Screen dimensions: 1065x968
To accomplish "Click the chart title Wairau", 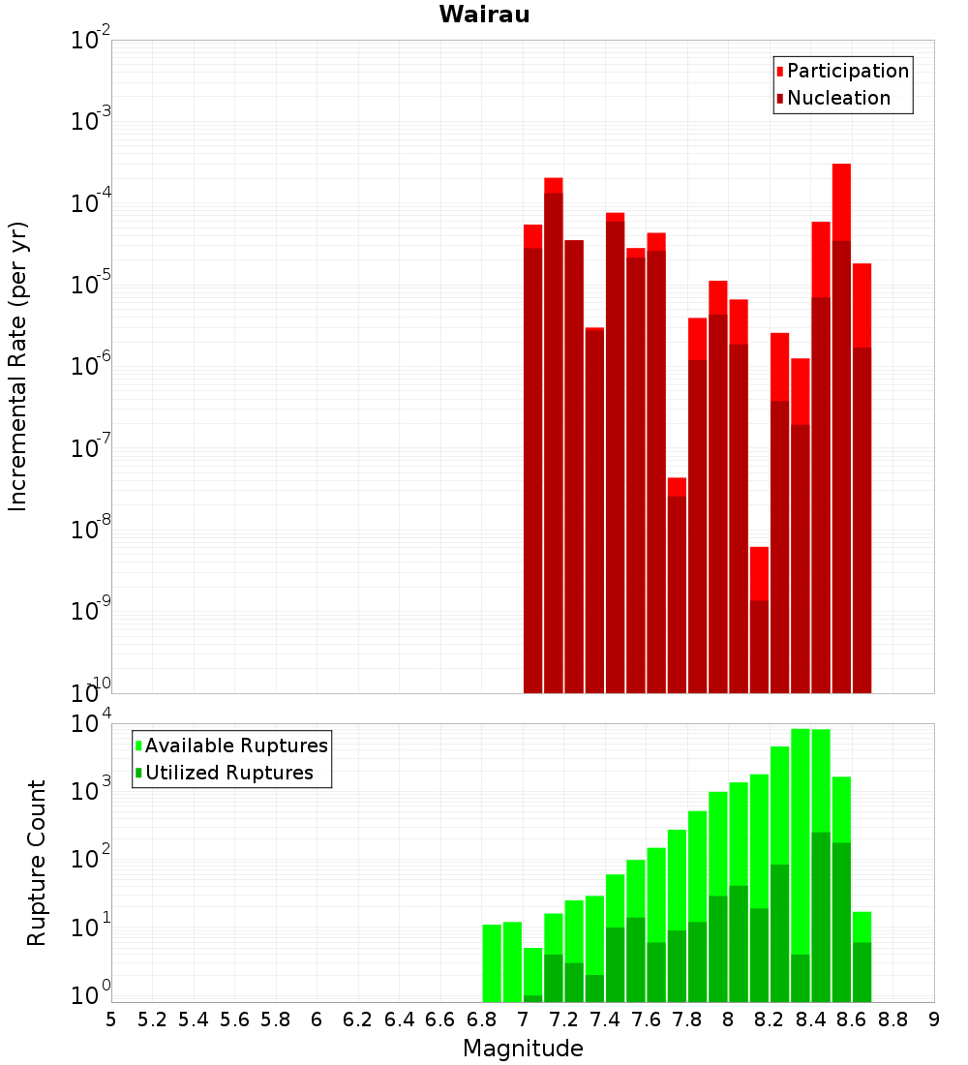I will tap(484, 15).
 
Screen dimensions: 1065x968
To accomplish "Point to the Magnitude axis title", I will tap(523, 1049).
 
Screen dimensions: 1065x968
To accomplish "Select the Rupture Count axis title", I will tap(37, 862).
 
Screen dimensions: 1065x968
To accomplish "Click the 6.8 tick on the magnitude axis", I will tap(481, 1019).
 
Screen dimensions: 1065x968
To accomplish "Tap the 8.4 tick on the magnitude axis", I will tap(810, 1019).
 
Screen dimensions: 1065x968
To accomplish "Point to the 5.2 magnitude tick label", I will tap(152, 1019).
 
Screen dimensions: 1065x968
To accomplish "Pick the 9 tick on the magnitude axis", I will tap(934, 1019).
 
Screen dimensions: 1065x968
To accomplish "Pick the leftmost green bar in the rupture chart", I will tap(492, 963).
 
